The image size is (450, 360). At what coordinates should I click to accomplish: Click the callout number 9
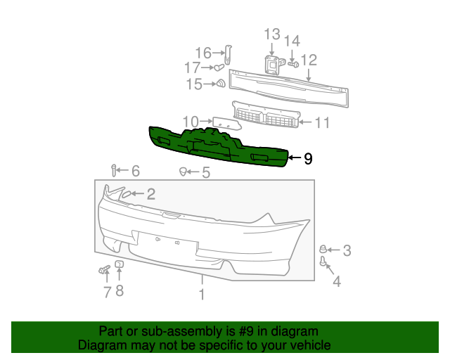307,159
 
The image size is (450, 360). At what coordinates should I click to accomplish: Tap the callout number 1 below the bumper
202,295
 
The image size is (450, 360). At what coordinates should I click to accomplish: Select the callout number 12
309,60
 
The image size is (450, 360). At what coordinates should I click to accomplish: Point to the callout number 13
272,34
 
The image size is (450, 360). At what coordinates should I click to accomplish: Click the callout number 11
321,123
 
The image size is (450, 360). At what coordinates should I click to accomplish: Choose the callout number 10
191,121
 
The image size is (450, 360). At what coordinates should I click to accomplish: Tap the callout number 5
205,172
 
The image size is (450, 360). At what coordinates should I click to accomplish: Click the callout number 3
347,250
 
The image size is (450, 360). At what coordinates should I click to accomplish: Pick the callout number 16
202,53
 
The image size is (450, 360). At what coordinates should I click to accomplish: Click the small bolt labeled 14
293,64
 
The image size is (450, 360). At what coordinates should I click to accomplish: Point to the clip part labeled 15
220,84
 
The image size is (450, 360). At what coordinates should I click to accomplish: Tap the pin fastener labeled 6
113,169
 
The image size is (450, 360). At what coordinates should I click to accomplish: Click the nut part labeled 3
324,249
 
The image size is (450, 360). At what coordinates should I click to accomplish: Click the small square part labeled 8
119,264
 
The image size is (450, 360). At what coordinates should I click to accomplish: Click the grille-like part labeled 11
267,117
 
